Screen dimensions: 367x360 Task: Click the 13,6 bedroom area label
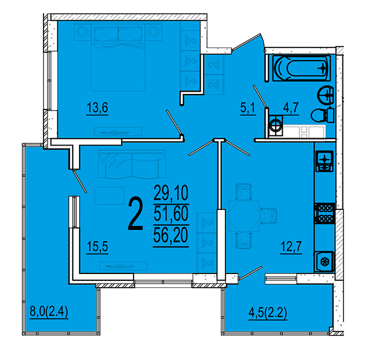click(x=97, y=108)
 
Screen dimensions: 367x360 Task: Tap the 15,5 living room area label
click(x=97, y=246)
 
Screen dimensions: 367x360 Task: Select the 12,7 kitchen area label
click(x=291, y=246)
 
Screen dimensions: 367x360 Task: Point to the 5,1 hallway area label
click(x=248, y=108)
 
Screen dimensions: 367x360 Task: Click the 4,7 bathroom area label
click(x=291, y=108)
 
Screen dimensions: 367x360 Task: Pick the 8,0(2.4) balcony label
click(x=49, y=312)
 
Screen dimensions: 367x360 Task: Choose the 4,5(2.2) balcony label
click(x=268, y=313)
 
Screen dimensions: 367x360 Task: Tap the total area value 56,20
click(x=171, y=235)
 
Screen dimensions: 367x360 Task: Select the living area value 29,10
click(x=171, y=193)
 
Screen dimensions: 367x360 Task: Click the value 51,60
click(x=171, y=214)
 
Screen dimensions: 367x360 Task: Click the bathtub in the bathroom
click(x=302, y=68)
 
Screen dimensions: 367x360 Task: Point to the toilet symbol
click(x=322, y=115)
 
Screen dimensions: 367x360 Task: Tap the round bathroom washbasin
click(x=325, y=95)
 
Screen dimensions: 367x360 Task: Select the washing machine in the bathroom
click(x=276, y=126)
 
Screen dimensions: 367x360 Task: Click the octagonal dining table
click(x=244, y=216)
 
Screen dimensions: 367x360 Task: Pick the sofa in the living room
click(x=132, y=164)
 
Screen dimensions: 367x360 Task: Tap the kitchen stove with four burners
click(x=325, y=213)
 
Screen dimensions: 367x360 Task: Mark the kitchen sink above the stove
click(x=325, y=161)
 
